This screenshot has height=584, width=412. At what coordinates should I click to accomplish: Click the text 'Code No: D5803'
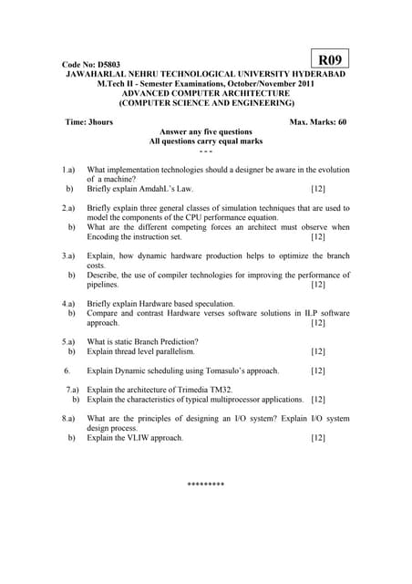[91, 65]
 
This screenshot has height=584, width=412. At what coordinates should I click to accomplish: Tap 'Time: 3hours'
[90, 121]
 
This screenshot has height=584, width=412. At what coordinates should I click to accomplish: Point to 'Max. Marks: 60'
[317, 121]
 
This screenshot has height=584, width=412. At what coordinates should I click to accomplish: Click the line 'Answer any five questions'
[206, 131]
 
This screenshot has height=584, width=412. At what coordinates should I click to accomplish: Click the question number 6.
[67, 371]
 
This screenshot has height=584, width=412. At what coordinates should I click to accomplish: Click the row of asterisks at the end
[205, 485]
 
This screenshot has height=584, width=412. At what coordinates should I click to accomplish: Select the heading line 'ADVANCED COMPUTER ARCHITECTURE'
[206, 93]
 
